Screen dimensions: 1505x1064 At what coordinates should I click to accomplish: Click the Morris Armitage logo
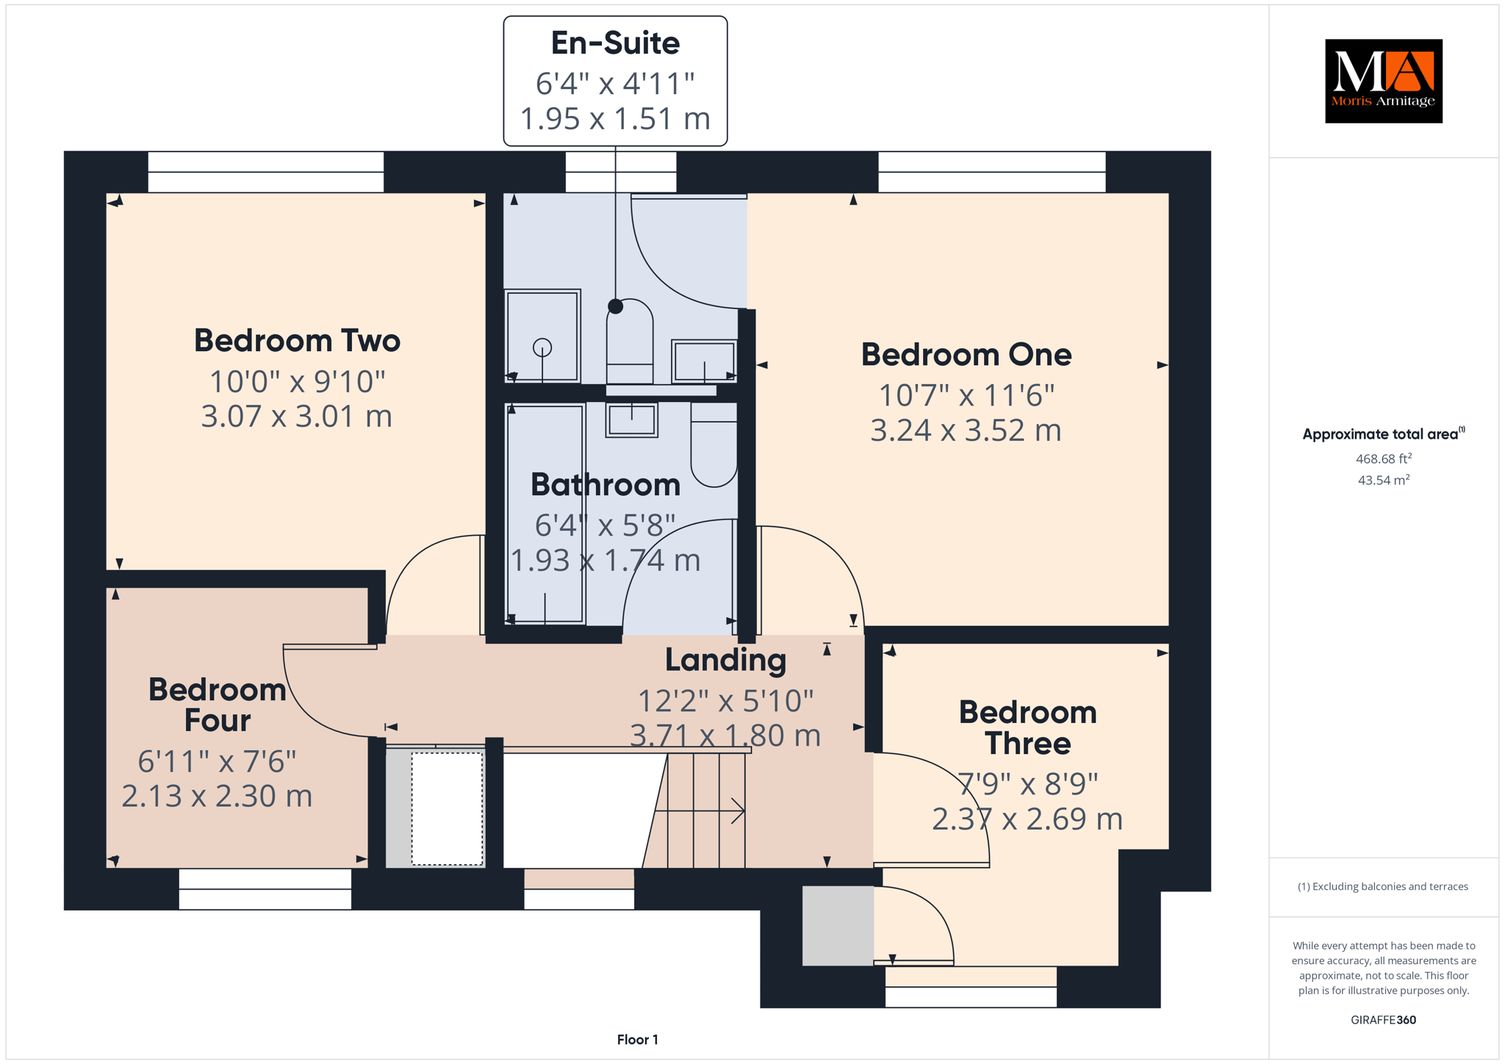pos(1383,81)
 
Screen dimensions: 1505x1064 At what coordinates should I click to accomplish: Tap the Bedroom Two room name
pos(297,340)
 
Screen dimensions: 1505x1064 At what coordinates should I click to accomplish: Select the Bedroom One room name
pos(966,354)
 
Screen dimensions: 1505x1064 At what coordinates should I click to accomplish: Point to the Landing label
pos(725,660)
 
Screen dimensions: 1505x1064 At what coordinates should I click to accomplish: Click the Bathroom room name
pos(606,484)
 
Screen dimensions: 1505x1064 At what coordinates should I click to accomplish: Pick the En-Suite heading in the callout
pos(615,43)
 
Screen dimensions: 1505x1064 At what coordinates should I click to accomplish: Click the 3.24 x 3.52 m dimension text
pos(966,430)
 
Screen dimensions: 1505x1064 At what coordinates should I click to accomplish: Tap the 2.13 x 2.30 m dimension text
pos(217,796)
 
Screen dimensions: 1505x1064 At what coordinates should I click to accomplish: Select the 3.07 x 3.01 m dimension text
pos(297,416)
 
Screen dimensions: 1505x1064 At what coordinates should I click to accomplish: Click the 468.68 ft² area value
pos(1383,459)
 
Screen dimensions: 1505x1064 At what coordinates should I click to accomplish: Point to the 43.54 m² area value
pos(1383,480)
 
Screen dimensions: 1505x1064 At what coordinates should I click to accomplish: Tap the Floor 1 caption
pos(637,1040)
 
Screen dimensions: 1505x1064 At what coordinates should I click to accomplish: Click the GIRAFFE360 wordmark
pos(1383,1020)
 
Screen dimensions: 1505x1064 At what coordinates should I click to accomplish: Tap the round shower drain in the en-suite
pos(542,347)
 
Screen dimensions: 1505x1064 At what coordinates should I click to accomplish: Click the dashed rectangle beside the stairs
pos(447,808)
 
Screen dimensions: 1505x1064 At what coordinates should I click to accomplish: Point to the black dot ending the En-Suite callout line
pos(615,306)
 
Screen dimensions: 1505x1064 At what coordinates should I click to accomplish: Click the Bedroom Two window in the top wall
pos(266,172)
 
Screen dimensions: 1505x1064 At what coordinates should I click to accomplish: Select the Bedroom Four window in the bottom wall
pos(265,889)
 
